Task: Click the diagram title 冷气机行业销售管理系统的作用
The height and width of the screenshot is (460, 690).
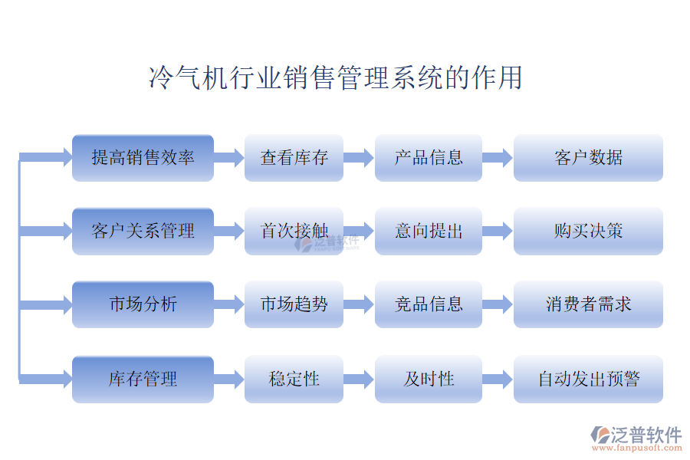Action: pyautogui.click(x=335, y=78)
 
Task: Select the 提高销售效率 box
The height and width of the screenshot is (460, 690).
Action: pyautogui.click(x=143, y=158)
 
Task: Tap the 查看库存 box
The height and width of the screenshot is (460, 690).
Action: pyautogui.click(x=294, y=158)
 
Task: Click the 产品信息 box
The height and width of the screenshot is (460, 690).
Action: pyautogui.click(x=428, y=158)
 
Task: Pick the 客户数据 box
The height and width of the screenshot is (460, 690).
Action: pyautogui.click(x=588, y=158)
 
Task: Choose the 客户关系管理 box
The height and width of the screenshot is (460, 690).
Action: pyautogui.click(x=143, y=231)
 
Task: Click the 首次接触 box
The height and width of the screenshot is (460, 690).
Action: pyautogui.click(x=294, y=231)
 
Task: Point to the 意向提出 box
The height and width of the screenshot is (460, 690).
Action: pyautogui.click(x=428, y=231)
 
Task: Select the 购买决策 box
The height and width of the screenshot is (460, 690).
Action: pyautogui.click(x=588, y=231)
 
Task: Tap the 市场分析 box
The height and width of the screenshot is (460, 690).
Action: pyautogui.click(x=143, y=304)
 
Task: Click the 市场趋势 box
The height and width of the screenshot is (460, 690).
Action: pyautogui.click(x=294, y=304)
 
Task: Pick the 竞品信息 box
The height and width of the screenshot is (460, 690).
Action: pyautogui.click(x=428, y=304)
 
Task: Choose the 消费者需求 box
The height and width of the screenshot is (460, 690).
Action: pyautogui.click(x=588, y=304)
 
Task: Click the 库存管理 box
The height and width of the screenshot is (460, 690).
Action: pyautogui.click(x=143, y=379)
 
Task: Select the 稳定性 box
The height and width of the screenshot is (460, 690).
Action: pyautogui.click(x=294, y=379)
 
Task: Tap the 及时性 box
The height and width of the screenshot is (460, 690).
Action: pyautogui.click(x=428, y=379)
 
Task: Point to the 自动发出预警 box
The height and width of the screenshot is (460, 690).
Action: pyautogui.click(x=588, y=379)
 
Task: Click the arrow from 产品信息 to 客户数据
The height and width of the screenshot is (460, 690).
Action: pyautogui.click(x=497, y=158)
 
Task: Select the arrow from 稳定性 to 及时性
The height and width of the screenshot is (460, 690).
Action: pyautogui.click(x=358, y=379)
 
